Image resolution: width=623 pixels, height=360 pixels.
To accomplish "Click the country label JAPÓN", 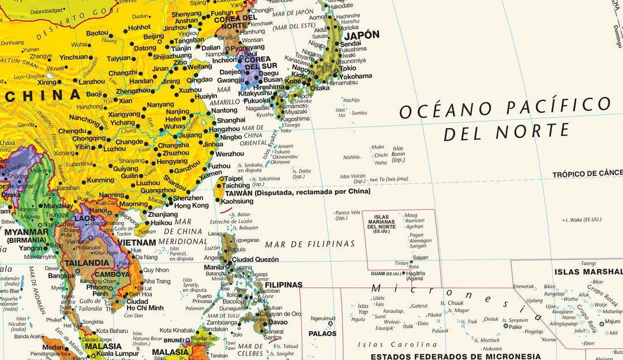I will tap(362, 35).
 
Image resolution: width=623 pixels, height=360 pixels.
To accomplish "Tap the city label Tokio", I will tap(348, 68).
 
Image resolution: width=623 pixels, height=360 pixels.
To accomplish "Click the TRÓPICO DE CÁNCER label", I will tap(587, 174).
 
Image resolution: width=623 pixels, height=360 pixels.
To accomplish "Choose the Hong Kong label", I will tap(191, 205).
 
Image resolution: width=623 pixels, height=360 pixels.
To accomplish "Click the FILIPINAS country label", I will tap(283, 284).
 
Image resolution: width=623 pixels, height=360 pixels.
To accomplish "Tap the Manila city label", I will tap(214, 268).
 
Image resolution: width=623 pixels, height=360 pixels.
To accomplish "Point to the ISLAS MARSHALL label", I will tap(588, 272).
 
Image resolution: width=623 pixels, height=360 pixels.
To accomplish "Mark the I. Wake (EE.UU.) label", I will tap(584, 220).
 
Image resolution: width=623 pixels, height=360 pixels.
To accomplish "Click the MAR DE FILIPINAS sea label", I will tap(310, 245).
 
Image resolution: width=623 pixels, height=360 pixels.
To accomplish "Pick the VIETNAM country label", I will tap(137, 243).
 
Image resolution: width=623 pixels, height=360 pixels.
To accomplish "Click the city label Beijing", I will tap(153, 36).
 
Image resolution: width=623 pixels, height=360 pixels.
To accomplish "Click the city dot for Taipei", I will tap(221, 179).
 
